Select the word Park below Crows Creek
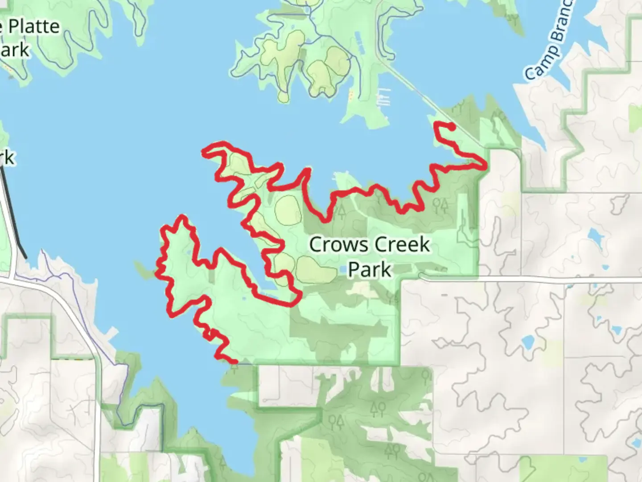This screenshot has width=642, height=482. [369, 270]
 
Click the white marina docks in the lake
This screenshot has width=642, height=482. [384, 97]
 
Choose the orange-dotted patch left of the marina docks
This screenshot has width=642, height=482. [351, 95]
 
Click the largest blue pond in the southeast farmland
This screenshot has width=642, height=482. [528, 343]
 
